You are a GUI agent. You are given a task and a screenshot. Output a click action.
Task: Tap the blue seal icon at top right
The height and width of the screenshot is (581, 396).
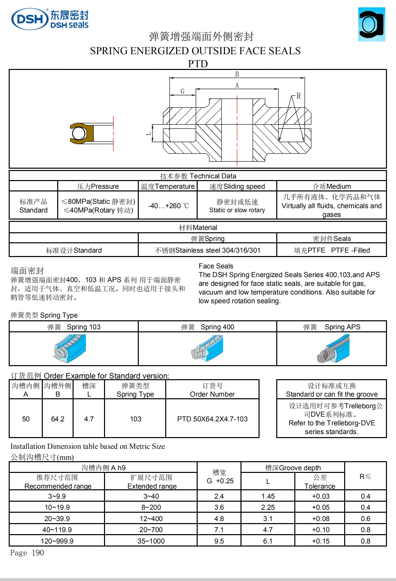point(371,24)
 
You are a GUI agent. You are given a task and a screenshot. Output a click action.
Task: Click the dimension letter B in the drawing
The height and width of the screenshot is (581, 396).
point(237,74)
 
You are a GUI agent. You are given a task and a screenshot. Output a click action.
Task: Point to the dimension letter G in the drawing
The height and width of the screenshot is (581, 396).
point(182,91)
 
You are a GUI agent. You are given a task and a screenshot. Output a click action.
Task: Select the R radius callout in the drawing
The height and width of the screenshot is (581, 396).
point(298,96)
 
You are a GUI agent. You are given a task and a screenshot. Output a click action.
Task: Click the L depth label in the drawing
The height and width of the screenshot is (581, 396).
point(149,134)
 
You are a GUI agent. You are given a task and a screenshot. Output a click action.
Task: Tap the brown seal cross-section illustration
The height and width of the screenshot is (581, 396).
point(81,133)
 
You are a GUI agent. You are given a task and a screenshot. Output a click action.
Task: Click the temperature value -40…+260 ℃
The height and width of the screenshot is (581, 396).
point(168,205)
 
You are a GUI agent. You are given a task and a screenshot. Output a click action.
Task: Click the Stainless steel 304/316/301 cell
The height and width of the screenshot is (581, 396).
point(207,250)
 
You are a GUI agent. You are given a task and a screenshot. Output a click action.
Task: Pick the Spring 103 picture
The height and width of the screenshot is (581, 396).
point(70,348)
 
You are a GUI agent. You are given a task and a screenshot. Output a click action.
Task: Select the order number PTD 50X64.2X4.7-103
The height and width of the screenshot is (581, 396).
point(212,419)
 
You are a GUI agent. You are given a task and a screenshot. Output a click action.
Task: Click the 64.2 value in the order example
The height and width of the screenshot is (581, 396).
point(58,419)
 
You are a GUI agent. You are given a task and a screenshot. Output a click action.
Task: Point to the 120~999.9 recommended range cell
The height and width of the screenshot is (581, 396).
point(57,541)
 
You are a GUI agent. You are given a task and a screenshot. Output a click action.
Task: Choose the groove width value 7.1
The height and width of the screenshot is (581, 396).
point(219,530)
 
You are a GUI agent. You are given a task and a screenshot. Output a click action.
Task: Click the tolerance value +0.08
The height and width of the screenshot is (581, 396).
point(320,519)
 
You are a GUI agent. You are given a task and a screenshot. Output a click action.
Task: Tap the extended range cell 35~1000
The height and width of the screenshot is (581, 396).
point(151,541)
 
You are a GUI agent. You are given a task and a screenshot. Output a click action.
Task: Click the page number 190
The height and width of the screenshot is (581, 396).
point(37,553)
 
